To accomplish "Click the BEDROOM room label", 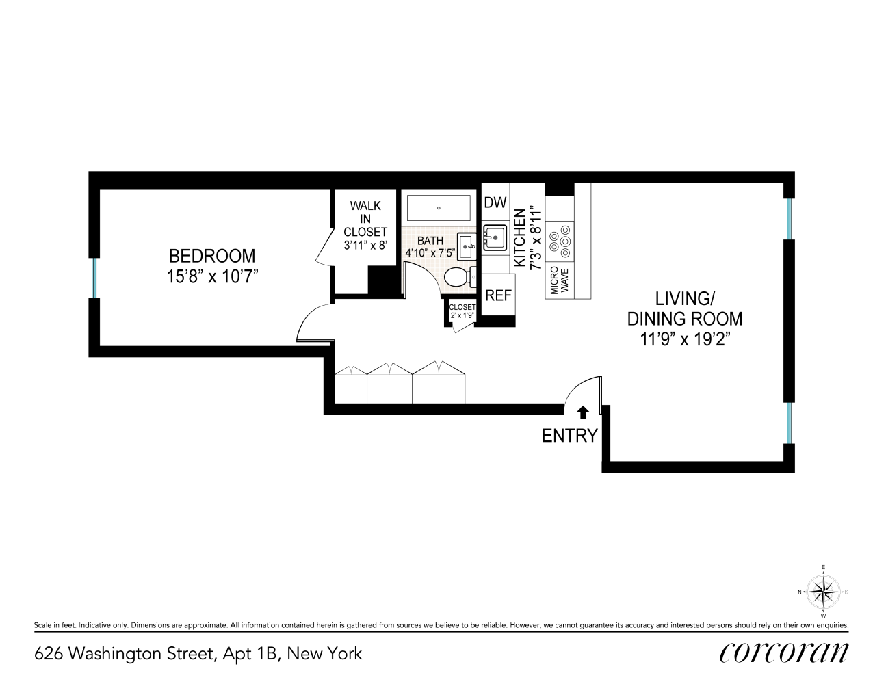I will coord(211,256).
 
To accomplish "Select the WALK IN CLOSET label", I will coord(365,219).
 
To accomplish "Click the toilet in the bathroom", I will coord(457,277).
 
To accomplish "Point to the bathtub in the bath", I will coord(439,208).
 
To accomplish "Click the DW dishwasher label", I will coord(495,202).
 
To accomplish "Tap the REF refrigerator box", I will coord(498,295).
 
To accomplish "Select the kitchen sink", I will coord(495,237).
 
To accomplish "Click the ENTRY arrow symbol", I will coord(583,412).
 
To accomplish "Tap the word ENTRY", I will coord(569,436).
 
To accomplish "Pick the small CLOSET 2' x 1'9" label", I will coord(462,311).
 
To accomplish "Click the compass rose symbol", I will coord(824,592).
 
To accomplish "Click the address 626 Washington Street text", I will coord(198,653).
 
